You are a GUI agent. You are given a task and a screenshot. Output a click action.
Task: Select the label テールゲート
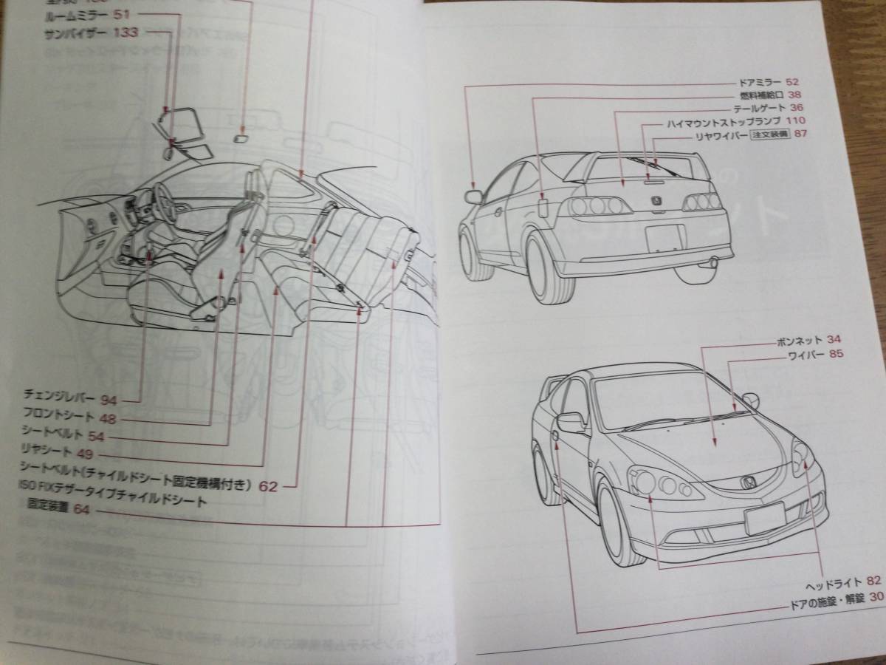pyautogui.click(x=765, y=108)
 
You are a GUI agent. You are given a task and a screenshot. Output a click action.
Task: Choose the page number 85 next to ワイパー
pyautogui.click(x=836, y=355)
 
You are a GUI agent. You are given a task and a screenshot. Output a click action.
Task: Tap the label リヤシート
pyautogui.click(x=47, y=452)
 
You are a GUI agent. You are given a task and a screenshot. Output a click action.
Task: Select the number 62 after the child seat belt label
pyautogui.click(x=268, y=486)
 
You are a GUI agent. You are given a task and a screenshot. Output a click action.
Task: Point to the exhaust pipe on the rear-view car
pyautogui.click(x=713, y=261)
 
